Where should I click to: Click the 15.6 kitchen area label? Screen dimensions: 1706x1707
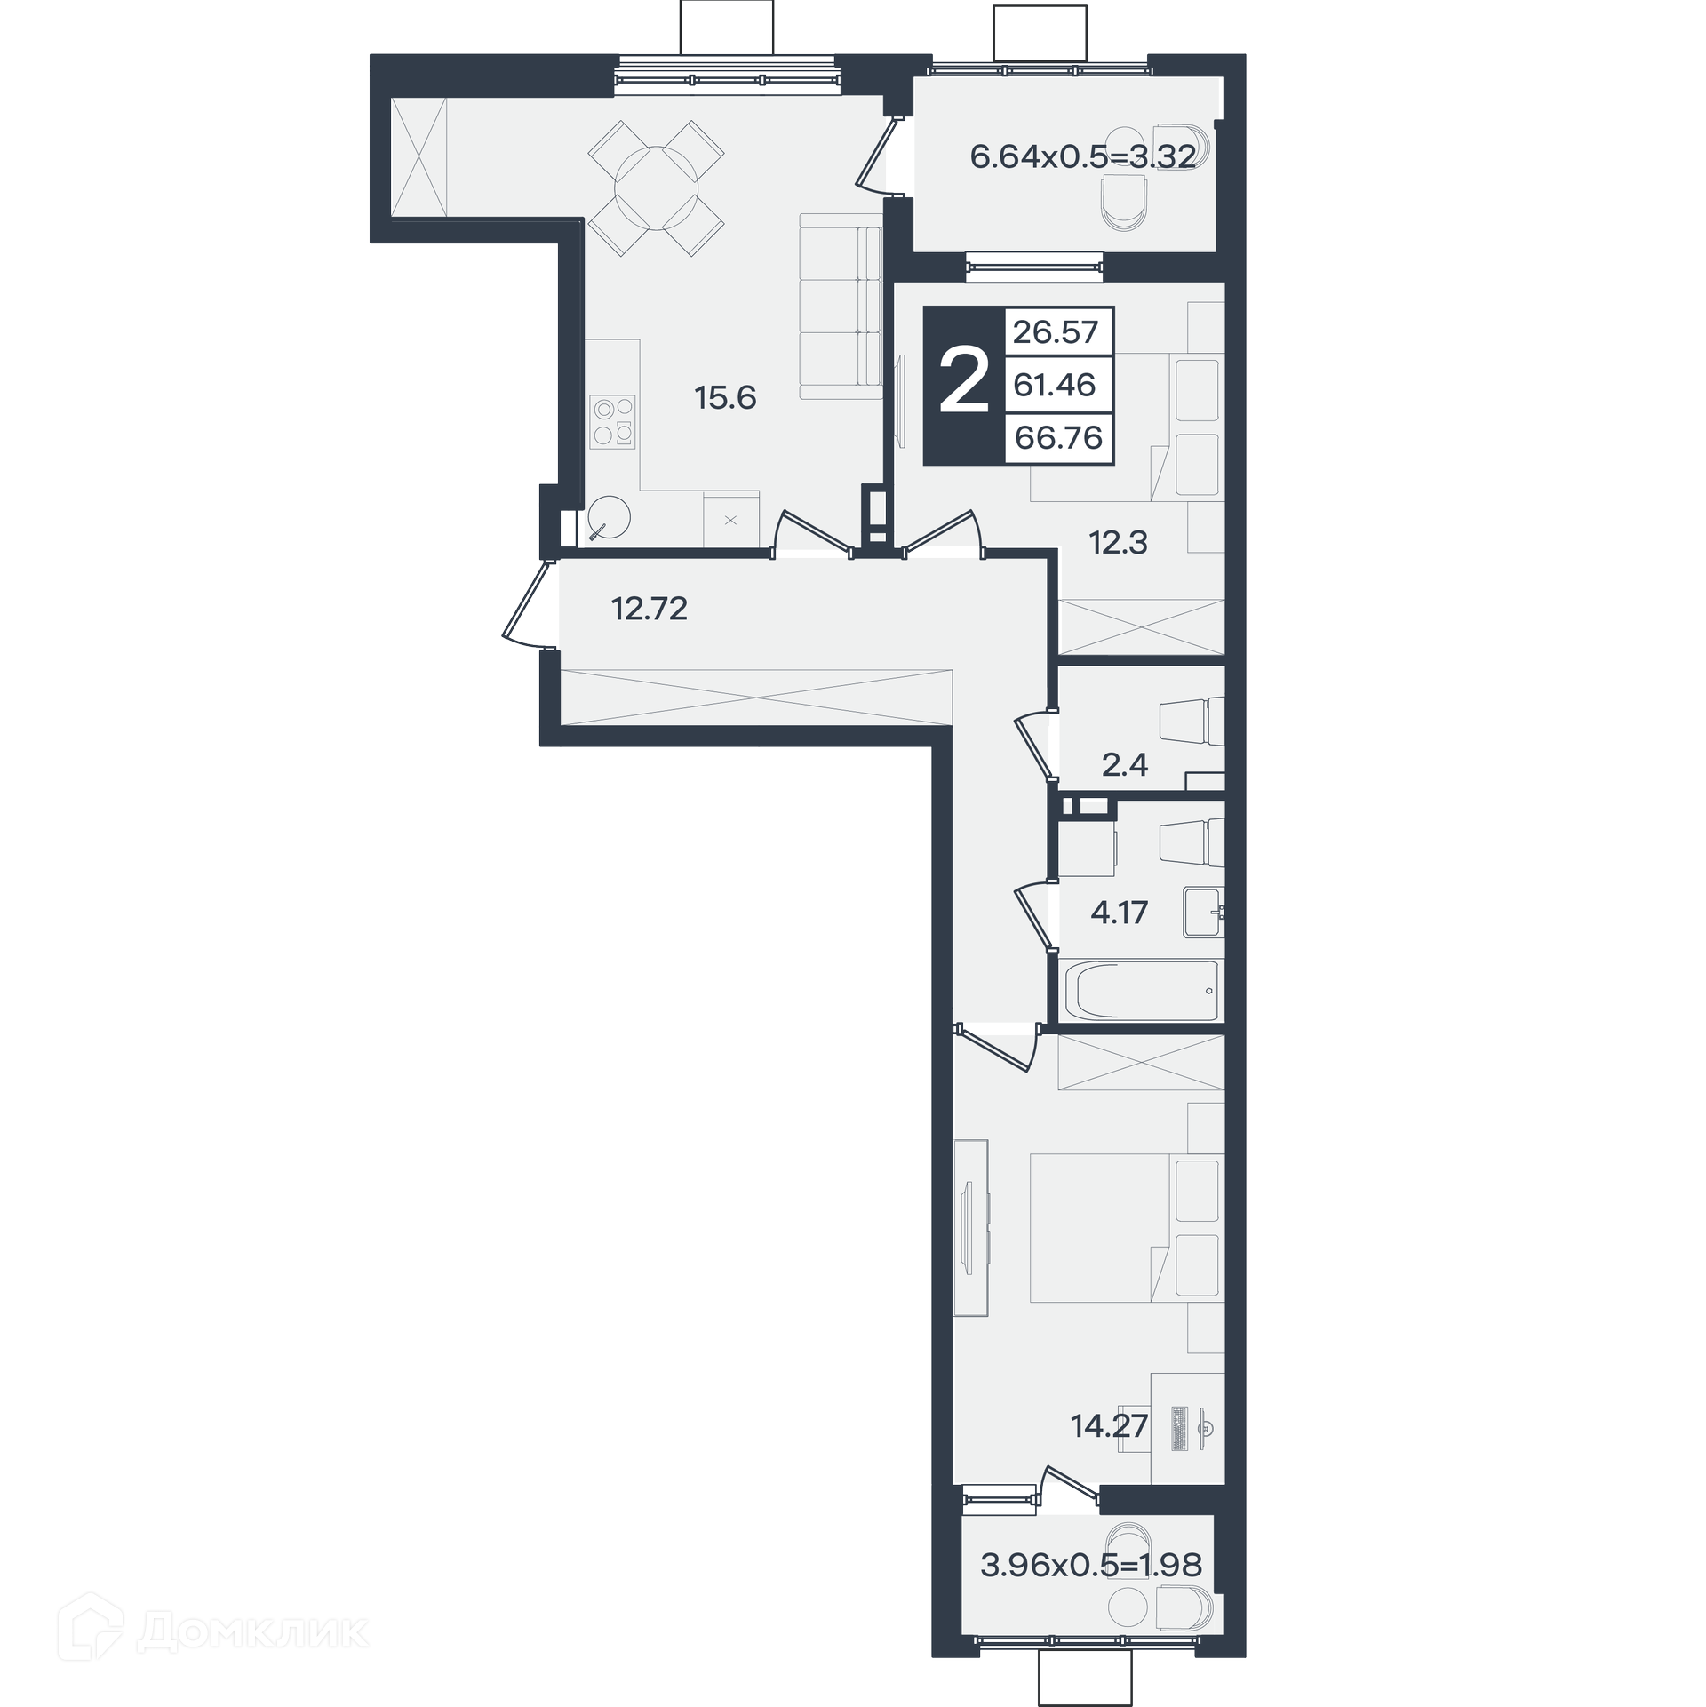pos(725,398)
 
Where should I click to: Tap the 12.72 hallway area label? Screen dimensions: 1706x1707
pos(650,609)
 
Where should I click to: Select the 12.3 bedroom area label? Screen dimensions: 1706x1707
pos(1119,542)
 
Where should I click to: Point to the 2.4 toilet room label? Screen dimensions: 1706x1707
pos(1125,764)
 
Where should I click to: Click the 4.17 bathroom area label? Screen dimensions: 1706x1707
pos(1120,913)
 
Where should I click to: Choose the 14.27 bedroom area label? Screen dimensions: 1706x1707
pos(1110,1426)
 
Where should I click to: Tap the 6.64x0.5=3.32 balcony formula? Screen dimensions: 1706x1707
pos(1083,157)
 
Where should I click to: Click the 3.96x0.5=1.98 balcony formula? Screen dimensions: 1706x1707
pos(1091,1590)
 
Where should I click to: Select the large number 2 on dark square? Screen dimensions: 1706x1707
pos(964,382)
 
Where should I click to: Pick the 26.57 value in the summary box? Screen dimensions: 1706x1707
pos(1056,332)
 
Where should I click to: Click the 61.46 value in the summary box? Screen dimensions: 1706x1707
pos(1055,385)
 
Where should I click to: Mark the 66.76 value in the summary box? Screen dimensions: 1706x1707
pos(1058,438)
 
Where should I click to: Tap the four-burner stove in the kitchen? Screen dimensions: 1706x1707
pos(613,422)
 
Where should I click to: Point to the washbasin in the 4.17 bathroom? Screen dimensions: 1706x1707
pos(1204,912)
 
